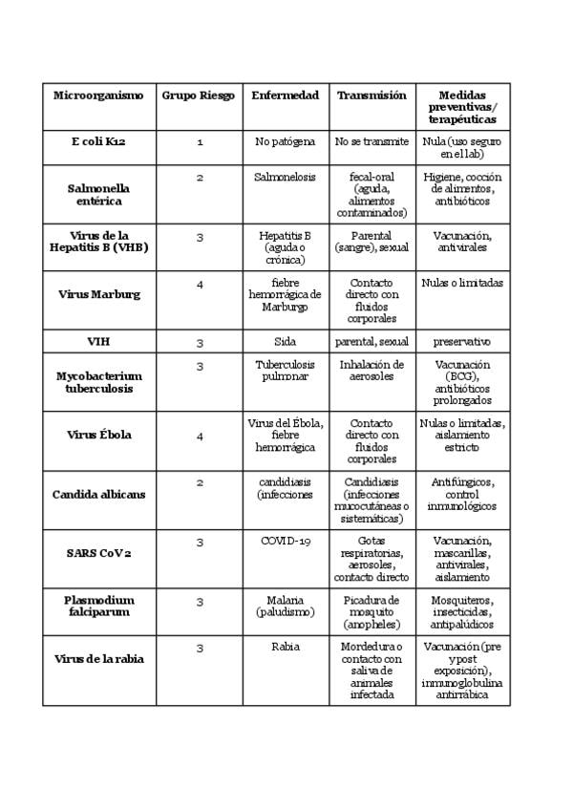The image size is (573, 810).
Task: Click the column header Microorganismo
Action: click(x=98, y=96)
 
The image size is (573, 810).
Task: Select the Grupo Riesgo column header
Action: click(x=198, y=96)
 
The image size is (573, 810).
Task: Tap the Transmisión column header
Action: click(x=371, y=96)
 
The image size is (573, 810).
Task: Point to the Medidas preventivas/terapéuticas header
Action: click(x=462, y=108)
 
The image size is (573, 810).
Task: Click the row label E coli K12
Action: click(x=98, y=141)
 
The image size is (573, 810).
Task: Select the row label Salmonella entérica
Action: click(x=98, y=195)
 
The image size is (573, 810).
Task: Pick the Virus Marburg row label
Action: click(x=98, y=294)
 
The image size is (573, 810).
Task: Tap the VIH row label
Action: click(x=98, y=341)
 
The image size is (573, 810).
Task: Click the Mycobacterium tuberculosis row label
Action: click(x=98, y=382)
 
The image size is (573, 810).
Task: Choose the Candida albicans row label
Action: click(x=98, y=494)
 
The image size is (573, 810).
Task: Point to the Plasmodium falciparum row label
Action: click(x=98, y=606)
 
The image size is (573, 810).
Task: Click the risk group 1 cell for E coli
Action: click(x=200, y=141)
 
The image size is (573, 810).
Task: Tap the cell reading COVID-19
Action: click(x=286, y=542)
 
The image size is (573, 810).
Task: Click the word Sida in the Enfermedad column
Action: click(x=286, y=341)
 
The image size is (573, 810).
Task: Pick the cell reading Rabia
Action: click(x=286, y=647)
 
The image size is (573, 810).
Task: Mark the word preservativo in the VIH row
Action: click(x=462, y=341)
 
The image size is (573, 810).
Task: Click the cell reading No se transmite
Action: click(x=371, y=141)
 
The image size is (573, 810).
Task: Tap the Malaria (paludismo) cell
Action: click(x=286, y=606)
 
